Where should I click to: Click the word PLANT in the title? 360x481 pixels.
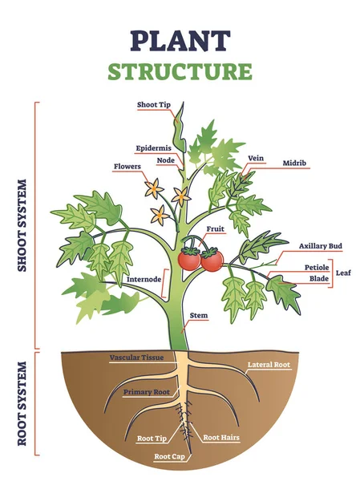pyautogui.click(x=180, y=39)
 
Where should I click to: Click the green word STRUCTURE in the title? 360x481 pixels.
pyautogui.click(x=180, y=71)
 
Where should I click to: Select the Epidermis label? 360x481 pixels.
pyautogui.click(x=152, y=148)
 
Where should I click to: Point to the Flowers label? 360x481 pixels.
pyautogui.click(x=127, y=167)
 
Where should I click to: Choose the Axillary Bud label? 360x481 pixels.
pyautogui.click(x=320, y=246)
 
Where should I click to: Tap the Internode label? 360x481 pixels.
pyautogui.click(x=144, y=280)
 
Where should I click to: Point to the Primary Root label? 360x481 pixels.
pyautogui.click(x=146, y=393)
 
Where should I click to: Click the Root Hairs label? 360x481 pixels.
pyautogui.click(x=220, y=437)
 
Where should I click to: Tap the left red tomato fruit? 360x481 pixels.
pyautogui.click(x=190, y=259)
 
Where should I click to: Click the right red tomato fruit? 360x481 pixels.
pyautogui.click(x=212, y=260)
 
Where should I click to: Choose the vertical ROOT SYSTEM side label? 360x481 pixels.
pyautogui.click(x=22, y=408)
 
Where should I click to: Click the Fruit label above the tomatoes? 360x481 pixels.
pyautogui.click(x=215, y=228)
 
